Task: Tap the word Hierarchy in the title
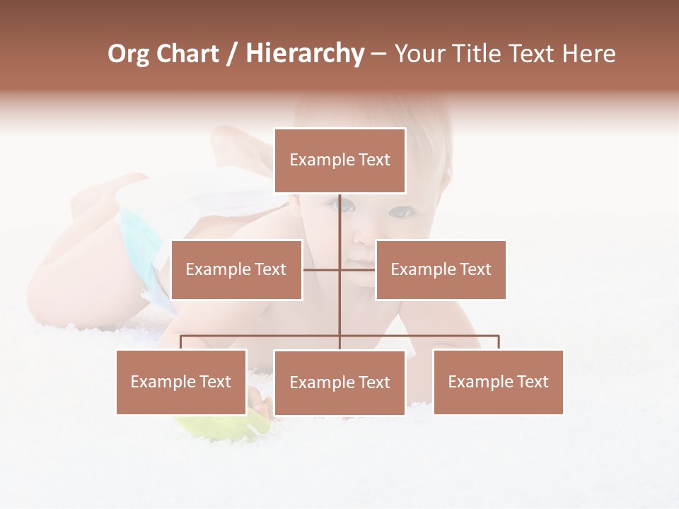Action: point(305,54)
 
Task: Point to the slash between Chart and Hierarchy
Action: point(232,54)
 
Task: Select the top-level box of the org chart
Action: point(339,160)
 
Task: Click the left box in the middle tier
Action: point(236,269)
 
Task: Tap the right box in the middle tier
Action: point(441,269)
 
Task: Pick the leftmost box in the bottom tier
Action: point(181,382)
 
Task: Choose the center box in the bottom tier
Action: point(339,382)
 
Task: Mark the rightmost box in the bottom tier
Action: point(498,382)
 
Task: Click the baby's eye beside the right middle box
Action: point(400,211)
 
